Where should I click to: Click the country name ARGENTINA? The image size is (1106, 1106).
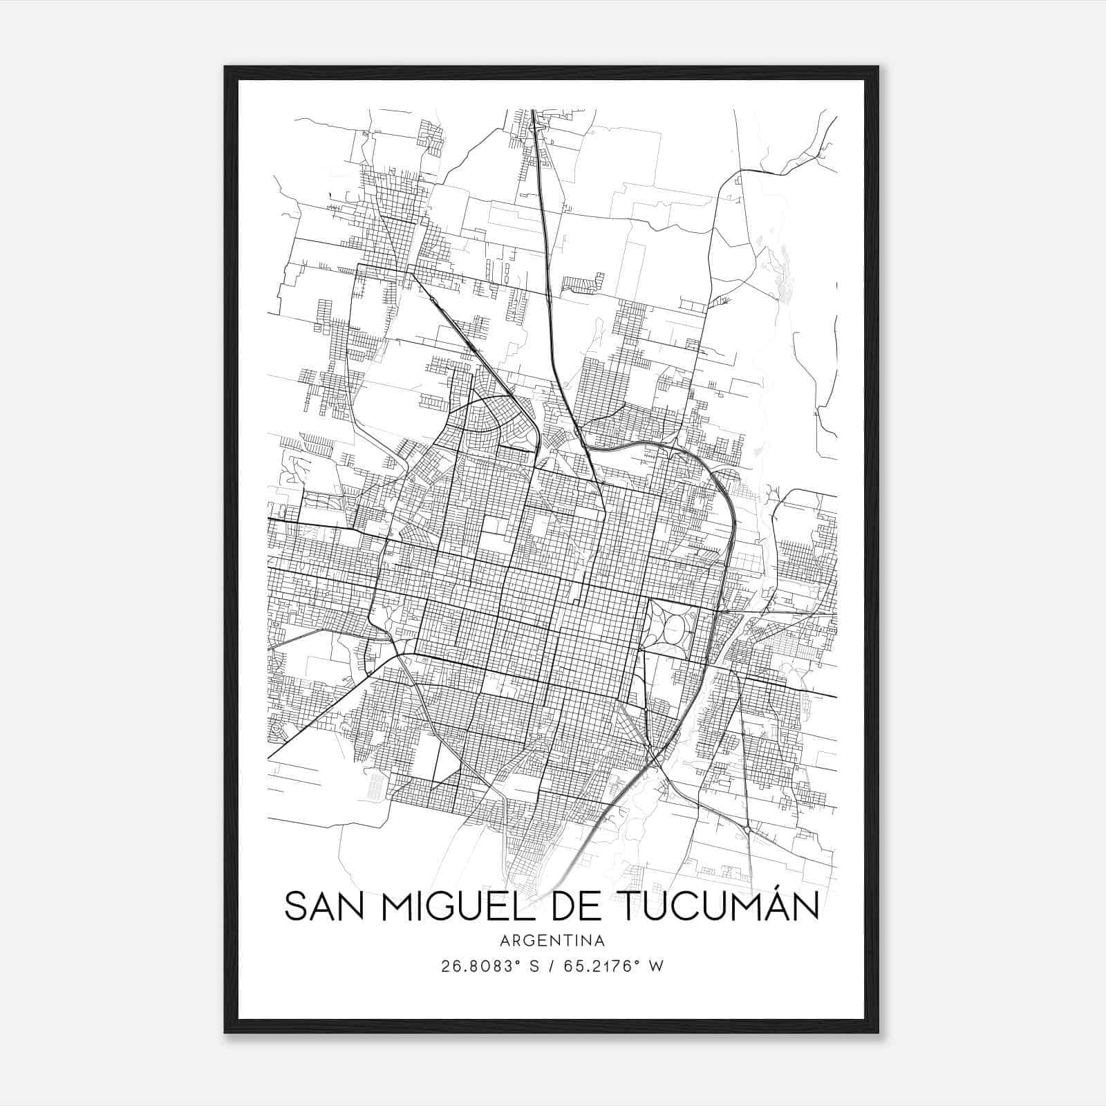[x=552, y=941]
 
